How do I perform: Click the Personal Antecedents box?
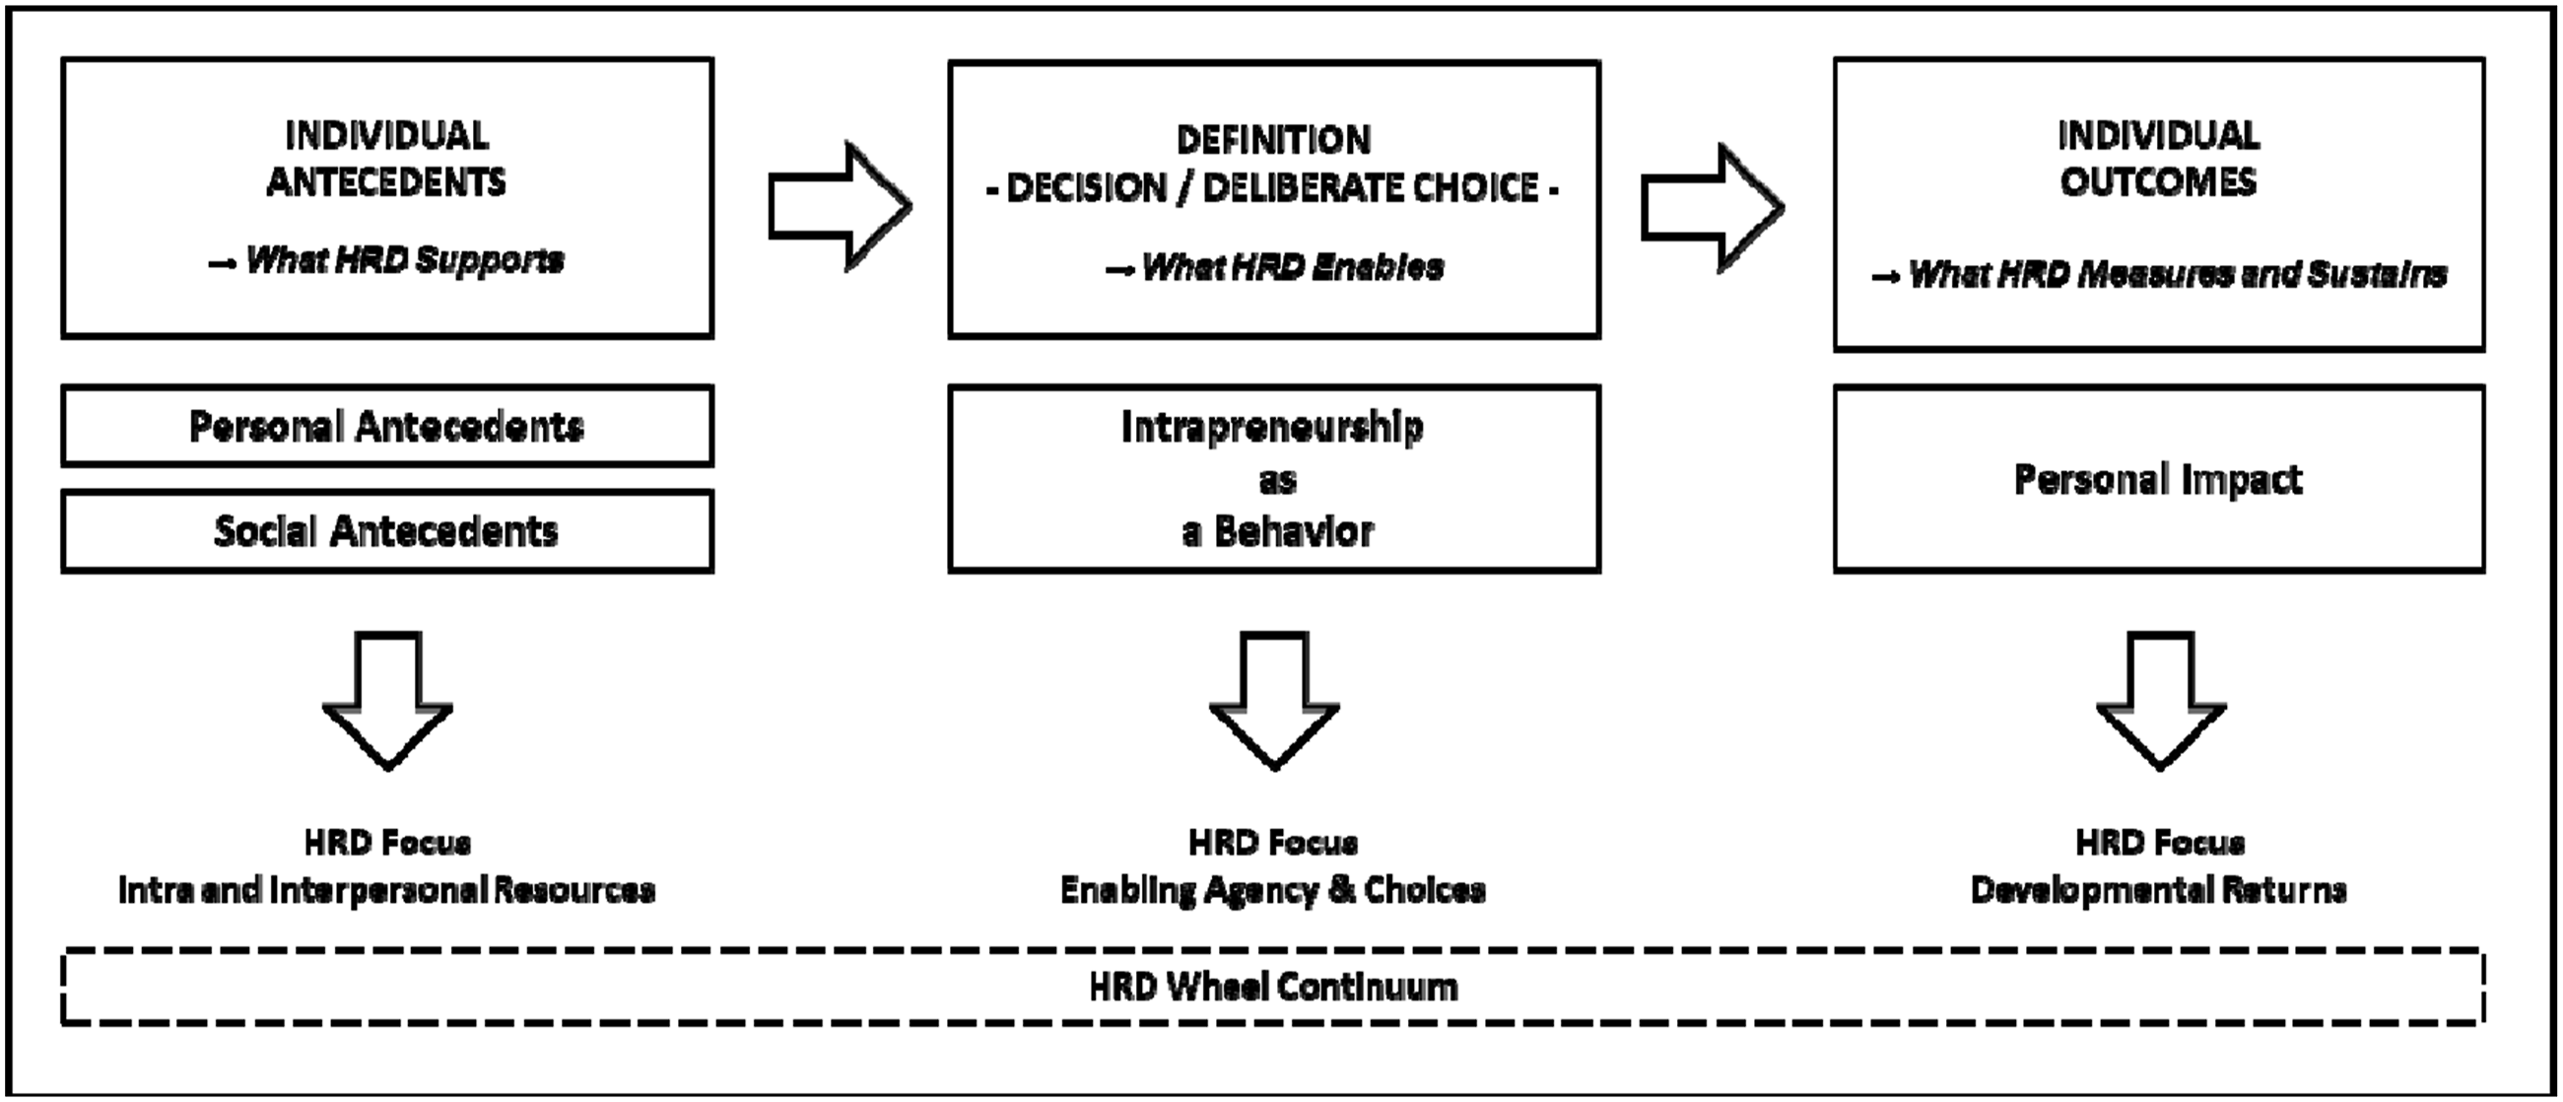[x=387, y=426]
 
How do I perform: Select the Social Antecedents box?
[x=387, y=530]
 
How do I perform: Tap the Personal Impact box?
[x=2159, y=479]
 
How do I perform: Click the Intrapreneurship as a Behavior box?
[x=1274, y=479]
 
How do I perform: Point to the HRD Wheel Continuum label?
[x=1273, y=987]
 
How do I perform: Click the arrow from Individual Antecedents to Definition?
[x=841, y=207]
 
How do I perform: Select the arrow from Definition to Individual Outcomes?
[x=1713, y=207]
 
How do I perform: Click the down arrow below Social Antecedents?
[x=388, y=701]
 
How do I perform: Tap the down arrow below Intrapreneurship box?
[x=1274, y=701]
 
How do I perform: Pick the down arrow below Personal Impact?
[x=2161, y=701]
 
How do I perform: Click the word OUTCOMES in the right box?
[x=2158, y=182]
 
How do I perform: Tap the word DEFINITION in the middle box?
[x=1273, y=140]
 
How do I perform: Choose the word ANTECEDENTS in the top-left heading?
[x=386, y=182]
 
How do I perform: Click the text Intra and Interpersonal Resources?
[x=387, y=889]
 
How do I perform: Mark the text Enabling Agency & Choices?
[x=1272, y=889]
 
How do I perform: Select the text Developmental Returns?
[x=2159, y=889]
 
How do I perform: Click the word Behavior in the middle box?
[x=1294, y=531]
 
